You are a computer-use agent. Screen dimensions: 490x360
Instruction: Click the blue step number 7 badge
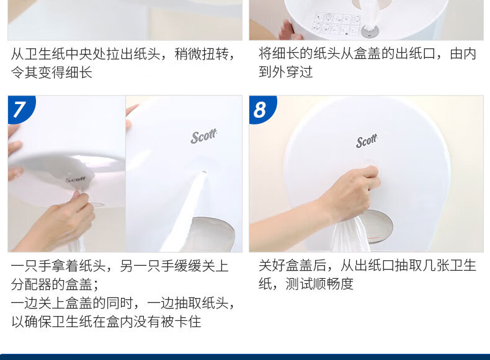pyautogui.click(x=19, y=108)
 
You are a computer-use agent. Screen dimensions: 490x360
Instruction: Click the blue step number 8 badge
pyautogui.click(x=261, y=108)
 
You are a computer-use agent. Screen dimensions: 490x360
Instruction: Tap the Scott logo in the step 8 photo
pyautogui.click(x=367, y=141)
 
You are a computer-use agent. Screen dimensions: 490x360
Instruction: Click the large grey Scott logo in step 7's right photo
pyautogui.click(x=203, y=136)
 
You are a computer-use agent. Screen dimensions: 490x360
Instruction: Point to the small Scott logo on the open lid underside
pyautogui.click(x=75, y=179)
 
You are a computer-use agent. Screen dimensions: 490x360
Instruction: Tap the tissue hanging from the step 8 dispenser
pyautogui.click(x=350, y=235)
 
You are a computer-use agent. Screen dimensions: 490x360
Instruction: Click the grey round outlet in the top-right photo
pyautogui.click(x=370, y=31)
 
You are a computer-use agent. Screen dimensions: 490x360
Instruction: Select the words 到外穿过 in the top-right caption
pyautogui.click(x=285, y=72)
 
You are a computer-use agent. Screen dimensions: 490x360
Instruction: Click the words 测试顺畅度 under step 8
pyautogui.click(x=319, y=284)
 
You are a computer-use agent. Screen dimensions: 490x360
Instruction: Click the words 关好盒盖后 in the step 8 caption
pyautogui.click(x=293, y=266)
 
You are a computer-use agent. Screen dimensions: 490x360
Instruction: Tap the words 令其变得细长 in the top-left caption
pyautogui.click(x=51, y=72)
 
